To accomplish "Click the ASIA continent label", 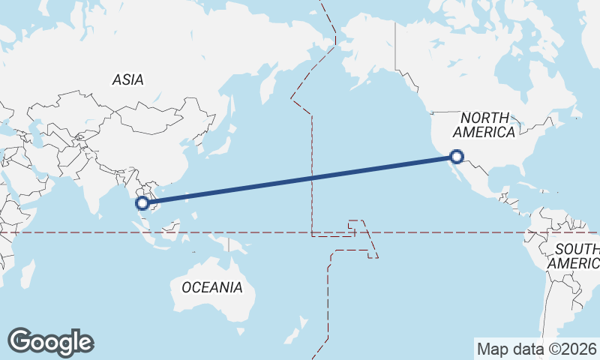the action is point(127,79).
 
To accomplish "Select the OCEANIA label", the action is point(212,287).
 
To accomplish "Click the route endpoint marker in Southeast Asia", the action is point(142,202).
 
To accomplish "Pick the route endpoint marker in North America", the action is point(457,157).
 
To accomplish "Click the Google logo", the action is point(50,342).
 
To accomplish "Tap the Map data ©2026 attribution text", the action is point(536,349).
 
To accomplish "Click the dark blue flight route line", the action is point(300,179).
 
